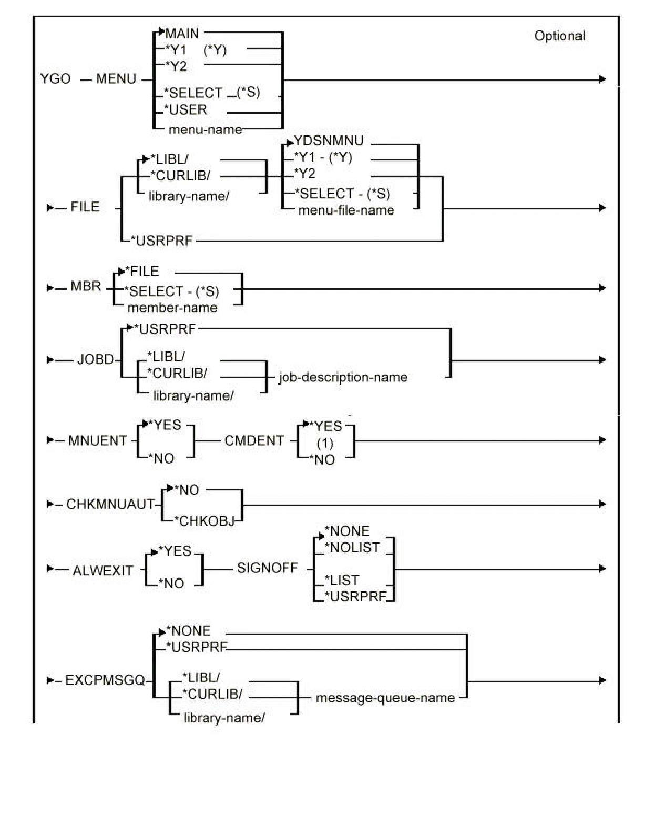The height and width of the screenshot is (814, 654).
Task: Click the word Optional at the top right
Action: tap(559, 36)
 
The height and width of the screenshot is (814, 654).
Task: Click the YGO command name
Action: tap(55, 79)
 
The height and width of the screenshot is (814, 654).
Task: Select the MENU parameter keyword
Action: tap(116, 79)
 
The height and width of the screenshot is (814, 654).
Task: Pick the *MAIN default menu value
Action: tap(182, 34)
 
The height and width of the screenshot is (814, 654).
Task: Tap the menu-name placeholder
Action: tap(205, 129)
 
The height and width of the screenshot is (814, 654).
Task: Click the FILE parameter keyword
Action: tap(85, 207)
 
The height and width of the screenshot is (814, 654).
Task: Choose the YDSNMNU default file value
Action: tap(328, 141)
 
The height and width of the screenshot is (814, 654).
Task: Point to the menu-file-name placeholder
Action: tap(346, 210)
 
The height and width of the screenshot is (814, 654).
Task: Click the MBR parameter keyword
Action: tap(85, 286)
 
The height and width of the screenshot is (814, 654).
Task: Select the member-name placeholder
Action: tap(172, 308)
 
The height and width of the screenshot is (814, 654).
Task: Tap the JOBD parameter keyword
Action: tap(95, 359)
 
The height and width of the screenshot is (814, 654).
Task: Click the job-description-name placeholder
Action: tap(343, 377)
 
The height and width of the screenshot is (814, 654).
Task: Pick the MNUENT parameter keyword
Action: tap(98, 440)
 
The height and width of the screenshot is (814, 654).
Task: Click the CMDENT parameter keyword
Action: tap(254, 440)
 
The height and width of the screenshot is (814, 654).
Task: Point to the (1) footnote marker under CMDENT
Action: tap(325, 444)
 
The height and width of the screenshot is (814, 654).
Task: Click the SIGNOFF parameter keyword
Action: tap(267, 568)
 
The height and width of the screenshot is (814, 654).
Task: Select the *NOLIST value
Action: tap(352, 548)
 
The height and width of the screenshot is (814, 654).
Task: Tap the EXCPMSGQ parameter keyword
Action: tap(105, 681)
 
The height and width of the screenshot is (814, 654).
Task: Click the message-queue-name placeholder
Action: tap(385, 698)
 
